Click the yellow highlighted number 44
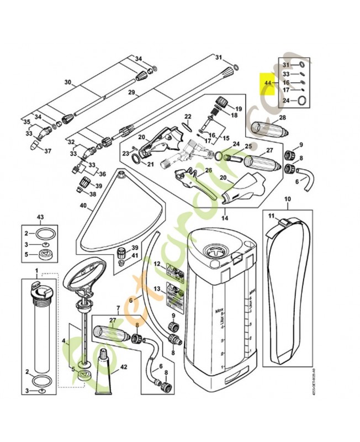pyautogui.click(x=268, y=83)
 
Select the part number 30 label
pyautogui.click(x=68, y=82)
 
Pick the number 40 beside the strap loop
pyautogui.click(x=83, y=206)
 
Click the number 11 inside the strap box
pyautogui.click(x=271, y=214)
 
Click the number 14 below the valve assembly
pyautogui.click(x=225, y=217)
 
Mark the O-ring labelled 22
pyautogui.click(x=188, y=128)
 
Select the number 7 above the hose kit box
pyautogui.click(x=118, y=307)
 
